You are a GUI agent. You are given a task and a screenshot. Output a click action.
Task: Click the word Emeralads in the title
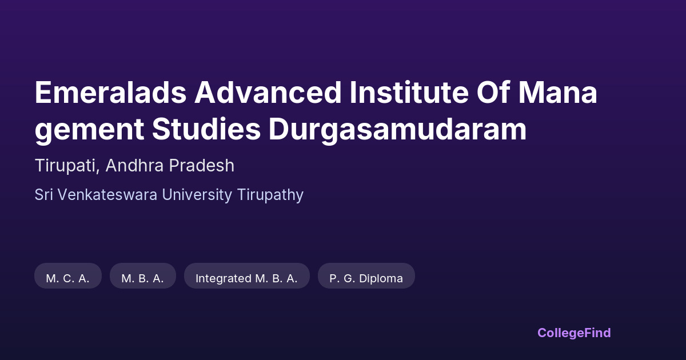(110, 92)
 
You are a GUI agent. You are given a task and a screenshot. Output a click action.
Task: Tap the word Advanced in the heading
(268, 92)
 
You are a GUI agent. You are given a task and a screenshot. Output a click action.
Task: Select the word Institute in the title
(409, 92)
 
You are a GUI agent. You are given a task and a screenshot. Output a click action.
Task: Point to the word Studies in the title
(206, 129)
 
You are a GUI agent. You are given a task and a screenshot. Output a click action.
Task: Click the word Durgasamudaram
(397, 129)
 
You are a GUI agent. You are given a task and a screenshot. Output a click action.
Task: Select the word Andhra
(134, 165)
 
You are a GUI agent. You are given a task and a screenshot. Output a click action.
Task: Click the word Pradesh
(201, 165)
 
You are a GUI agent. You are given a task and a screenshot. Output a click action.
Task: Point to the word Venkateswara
(107, 195)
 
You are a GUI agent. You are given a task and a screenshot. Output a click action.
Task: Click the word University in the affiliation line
(197, 195)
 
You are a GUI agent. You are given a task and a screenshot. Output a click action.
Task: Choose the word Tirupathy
(270, 195)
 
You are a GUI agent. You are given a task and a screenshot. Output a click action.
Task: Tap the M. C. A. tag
(68, 275)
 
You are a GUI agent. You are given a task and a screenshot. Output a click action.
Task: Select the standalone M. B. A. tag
(143, 275)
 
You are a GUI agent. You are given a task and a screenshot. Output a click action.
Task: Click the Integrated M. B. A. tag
(247, 275)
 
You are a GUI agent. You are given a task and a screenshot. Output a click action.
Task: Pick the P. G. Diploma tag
(366, 275)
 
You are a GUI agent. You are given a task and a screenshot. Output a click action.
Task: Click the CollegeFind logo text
(574, 333)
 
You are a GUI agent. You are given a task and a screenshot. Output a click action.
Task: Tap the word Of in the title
(493, 92)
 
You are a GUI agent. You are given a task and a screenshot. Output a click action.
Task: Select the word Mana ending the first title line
(558, 92)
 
